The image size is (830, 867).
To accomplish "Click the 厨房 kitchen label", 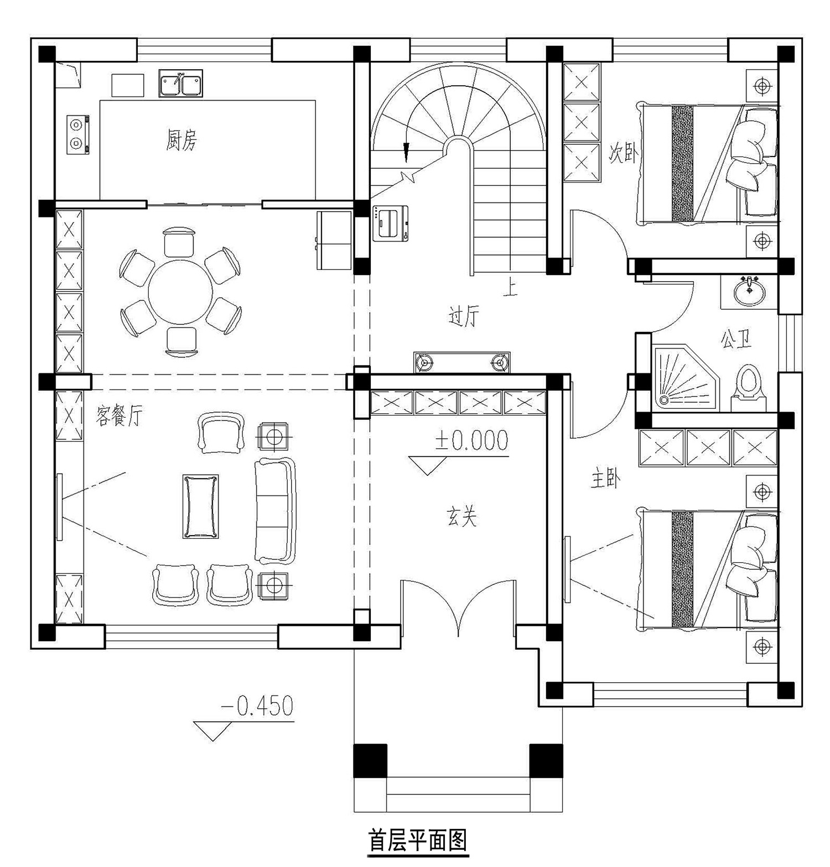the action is tap(181, 140).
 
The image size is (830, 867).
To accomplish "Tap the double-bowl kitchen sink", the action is tap(181, 84).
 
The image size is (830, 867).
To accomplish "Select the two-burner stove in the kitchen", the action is tap(78, 134).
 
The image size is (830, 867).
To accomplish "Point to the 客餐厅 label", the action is tap(119, 415).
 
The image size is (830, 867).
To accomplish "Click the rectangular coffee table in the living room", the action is tap(200, 506).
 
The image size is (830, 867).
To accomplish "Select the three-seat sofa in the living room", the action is tap(275, 510).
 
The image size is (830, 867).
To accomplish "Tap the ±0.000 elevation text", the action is tap(471, 441).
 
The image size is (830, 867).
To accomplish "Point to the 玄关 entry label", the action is tap(461, 517).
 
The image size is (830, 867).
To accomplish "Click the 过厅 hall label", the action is tap(464, 316).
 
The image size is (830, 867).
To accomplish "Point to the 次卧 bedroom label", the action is tap(624, 152).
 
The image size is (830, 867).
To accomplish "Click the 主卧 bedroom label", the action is tap(605, 479).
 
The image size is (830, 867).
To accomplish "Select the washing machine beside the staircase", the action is tap(390, 224).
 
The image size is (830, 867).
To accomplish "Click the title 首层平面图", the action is tap(418, 840).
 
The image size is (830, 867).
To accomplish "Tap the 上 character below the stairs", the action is tap(510, 288).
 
